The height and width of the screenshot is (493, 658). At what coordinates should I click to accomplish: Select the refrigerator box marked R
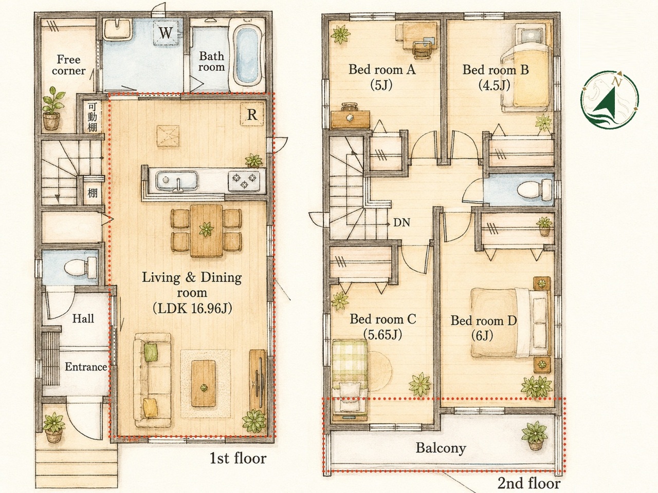(252, 115)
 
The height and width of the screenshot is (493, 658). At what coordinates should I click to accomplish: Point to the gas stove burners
(244, 180)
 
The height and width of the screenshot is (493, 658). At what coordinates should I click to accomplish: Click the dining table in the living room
(207, 231)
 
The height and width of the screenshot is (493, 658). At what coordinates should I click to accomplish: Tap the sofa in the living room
(153, 380)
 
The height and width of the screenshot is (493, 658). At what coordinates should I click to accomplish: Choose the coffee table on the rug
(204, 384)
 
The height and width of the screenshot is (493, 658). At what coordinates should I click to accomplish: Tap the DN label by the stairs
(401, 222)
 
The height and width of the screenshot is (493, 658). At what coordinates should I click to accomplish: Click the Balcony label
(441, 448)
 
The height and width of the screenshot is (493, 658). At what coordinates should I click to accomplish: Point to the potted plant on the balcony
(535, 436)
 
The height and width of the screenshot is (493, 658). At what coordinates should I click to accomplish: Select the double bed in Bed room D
(511, 323)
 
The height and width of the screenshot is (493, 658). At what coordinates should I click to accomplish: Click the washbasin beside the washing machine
(118, 29)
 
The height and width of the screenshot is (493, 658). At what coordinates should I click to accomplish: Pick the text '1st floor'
(237, 458)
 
